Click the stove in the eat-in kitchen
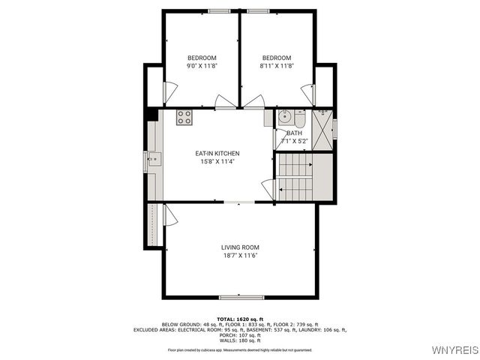tap(184, 117)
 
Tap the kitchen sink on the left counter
tap(153, 158)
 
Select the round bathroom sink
tap(284, 117)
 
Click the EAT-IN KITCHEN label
tap(217, 154)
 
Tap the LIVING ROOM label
tap(240, 247)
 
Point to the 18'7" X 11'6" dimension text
tap(240, 256)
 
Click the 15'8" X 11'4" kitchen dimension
tap(217, 162)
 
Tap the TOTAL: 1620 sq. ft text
tap(240, 319)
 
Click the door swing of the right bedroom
tap(253, 102)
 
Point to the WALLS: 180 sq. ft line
tap(240, 340)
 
